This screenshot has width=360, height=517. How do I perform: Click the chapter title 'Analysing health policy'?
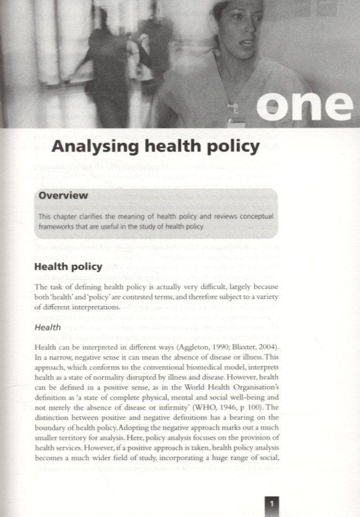[156, 147]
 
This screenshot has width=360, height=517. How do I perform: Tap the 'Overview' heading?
[63, 196]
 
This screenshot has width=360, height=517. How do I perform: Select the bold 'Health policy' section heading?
[68, 267]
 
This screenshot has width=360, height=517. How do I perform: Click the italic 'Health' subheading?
[47, 328]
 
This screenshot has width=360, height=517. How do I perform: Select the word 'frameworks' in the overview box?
[57, 226]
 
